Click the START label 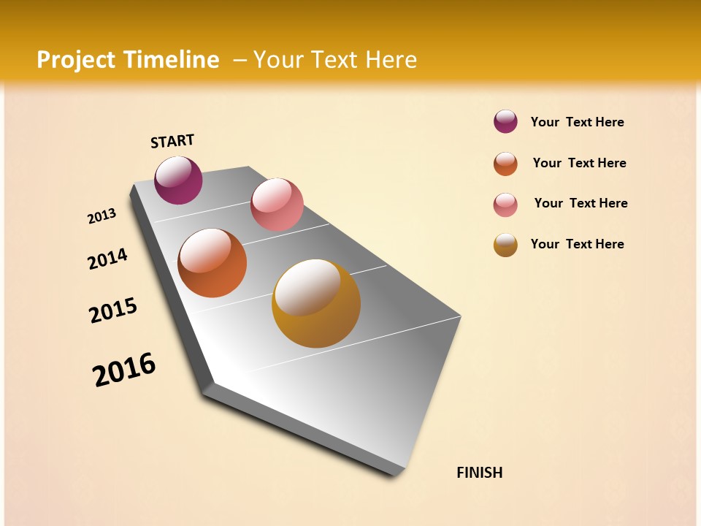(172, 141)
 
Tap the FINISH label (479, 473)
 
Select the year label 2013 (102, 216)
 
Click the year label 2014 (108, 259)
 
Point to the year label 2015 (113, 310)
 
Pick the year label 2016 (124, 370)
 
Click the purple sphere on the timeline (178, 180)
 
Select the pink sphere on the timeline (277, 205)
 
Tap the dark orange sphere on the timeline (212, 263)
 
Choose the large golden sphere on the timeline (316, 303)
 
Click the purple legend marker (505, 122)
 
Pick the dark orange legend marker (505, 164)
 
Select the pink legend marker (505, 205)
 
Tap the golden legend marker (505, 245)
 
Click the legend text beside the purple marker (577, 122)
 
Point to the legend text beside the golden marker (577, 244)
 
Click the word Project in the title (76, 60)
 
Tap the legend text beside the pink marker (581, 203)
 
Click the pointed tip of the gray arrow (398, 473)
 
